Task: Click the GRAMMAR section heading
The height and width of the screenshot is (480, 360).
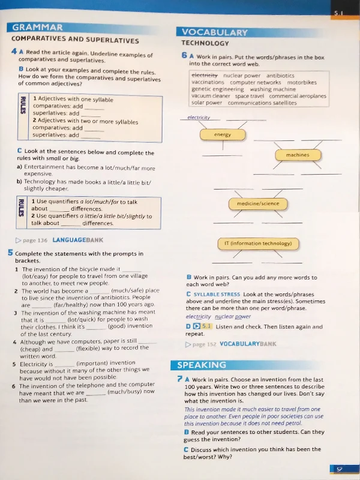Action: pos(37,27)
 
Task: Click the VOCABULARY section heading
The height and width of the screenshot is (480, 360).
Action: pos(214,32)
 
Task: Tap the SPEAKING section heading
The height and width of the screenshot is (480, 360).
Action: pos(202,365)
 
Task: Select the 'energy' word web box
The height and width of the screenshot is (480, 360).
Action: pos(223,134)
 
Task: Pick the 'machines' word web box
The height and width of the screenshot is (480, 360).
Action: pos(297,155)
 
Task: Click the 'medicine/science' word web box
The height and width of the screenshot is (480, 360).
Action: pos(258,203)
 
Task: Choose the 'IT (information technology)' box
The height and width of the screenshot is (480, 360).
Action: pos(257,244)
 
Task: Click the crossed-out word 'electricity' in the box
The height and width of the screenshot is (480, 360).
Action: pos(204,76)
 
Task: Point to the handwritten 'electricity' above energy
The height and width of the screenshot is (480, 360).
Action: pos(199,118)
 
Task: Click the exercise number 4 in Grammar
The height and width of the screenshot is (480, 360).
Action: pos(13,52)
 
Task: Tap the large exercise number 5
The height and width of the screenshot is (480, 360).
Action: pos(11,253)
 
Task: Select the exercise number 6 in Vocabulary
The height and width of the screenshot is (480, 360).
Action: pos(184,56)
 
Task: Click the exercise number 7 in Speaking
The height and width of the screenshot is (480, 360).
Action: pos(180,379)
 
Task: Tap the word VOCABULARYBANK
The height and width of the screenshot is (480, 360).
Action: pos(248,344)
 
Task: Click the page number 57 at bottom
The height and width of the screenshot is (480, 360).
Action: pos(339,469)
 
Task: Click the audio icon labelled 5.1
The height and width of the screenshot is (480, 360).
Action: pos(203,326)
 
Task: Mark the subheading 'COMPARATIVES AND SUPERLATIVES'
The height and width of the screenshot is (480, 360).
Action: pos(74,40)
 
